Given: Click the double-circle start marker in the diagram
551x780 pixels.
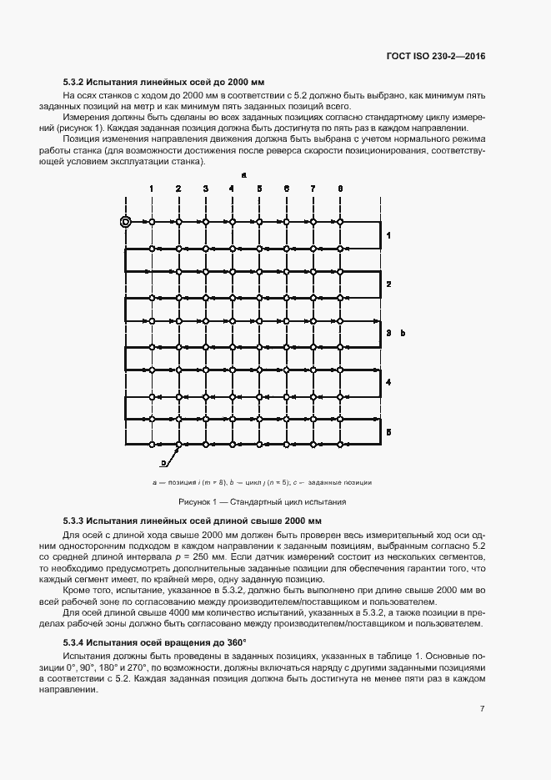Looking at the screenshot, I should pyautogui.click(x=125, y=222).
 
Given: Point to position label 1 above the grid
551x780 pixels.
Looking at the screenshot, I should pyautogui.click(x=152, y=189).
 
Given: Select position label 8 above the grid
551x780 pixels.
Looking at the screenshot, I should pyautogui.click(x=340, y=189).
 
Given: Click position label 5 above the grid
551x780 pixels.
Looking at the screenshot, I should pyautogui.click(x=259, y=189).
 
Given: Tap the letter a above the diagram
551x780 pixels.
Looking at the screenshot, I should pyautogui.click(x=243, y=175).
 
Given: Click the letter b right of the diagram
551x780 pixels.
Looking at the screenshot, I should pyautogui.click(x=403, y=333).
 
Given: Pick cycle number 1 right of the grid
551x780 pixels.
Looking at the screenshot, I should pyautogui.click(x=388, y=236).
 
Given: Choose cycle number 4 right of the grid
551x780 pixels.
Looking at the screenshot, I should pyautogui.click(x=388, y=382).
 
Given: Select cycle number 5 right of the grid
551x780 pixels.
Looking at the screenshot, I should pyautogui.click(x=388, y=430).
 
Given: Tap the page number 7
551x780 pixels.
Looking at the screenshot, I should pyautogui.click(x=482, y=709).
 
